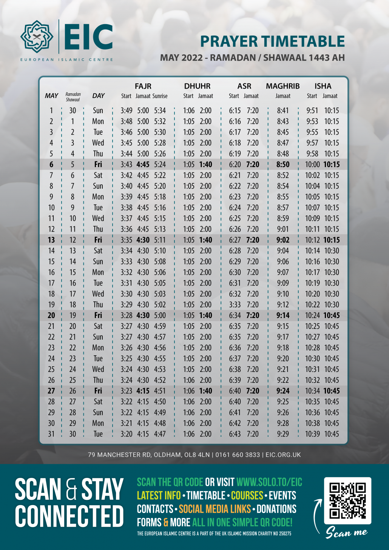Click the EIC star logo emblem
[x=37, y=37]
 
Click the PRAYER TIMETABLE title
[x=272, y=41]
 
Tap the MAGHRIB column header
[x=282, y=86]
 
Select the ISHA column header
[x=323, y=86]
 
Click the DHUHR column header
[x=197, y=86]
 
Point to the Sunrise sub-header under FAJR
[x=160, y=96]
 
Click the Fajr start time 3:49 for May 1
[x=127, y=111]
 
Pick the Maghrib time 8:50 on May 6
[x=283, y=164]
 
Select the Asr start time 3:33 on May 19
[x=235, y=304]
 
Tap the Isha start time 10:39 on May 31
[x=312, y=434]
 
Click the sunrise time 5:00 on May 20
[x=160, y=315]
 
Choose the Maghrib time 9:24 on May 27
[x=283, y=391]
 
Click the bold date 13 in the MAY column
[x=51, y=240]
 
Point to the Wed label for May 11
[x=98, y=218]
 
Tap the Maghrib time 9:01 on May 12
[x=283, y=229]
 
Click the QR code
[x=347, y=501]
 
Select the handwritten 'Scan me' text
[x=347, y=532]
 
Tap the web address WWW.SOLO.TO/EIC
[x=269, y=482]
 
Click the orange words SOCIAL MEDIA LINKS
[x=215, y=509]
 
